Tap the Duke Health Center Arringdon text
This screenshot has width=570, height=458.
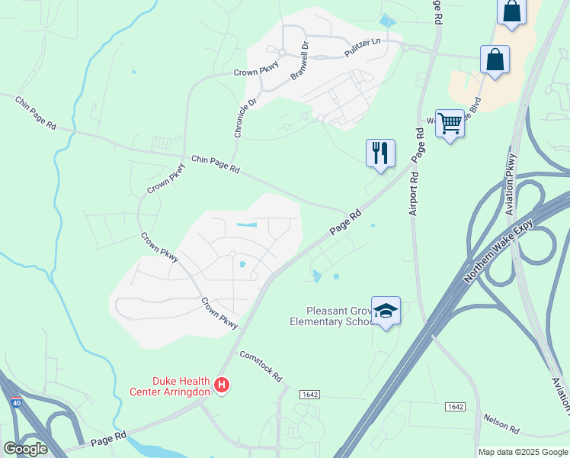tap(181, 386)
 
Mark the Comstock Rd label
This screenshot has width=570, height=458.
tap(261, 366)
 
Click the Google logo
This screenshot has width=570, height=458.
tap(25, 448)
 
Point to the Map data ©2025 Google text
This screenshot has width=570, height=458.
tap(524, 452)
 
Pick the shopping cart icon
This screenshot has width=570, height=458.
tap(450, 122)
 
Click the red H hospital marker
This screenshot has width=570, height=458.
tap(222, 384)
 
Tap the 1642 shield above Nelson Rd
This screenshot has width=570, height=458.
tap(455, 407)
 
